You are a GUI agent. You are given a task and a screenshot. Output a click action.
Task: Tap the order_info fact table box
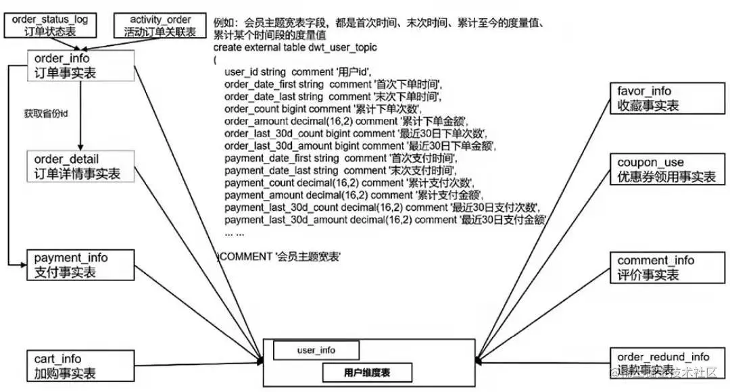(81, 66)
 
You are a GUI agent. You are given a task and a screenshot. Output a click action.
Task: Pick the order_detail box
(81, 166)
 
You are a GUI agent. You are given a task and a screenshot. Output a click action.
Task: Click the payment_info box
(81, 265)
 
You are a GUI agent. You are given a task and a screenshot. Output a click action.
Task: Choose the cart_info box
(81, 366)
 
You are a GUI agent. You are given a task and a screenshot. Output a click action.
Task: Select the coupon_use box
(666, 170)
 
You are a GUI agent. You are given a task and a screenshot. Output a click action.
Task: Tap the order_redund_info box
(666, 363)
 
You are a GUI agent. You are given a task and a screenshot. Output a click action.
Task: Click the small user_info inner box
(316, 350)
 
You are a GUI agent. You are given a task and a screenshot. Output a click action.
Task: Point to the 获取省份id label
(46, 113)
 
